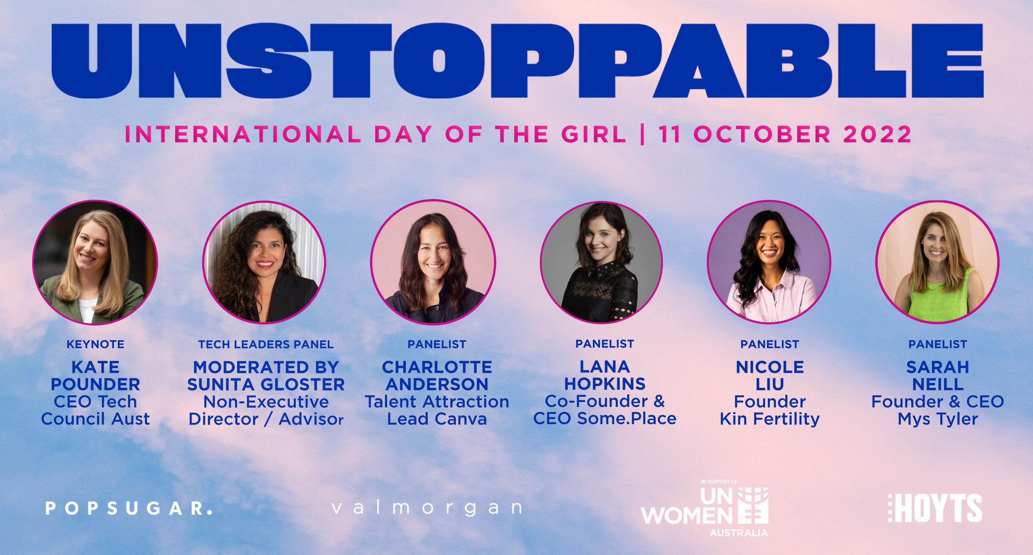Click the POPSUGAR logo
(129, 508)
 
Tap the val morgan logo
(427, 508)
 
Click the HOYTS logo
(935, 508)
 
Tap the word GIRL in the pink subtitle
(594, 135)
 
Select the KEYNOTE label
(95, 344)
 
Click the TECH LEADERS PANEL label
(266, 344)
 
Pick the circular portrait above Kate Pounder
(95, 263)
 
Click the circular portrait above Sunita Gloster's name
(264, 263)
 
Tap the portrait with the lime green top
(938, 263)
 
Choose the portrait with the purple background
(769, 263)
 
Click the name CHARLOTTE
(437, 367)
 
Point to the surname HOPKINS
(605, 384)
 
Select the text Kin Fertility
(769, 419)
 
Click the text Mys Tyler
(938, 419)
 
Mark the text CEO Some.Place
(605, 419)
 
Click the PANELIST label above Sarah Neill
(938, 344)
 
